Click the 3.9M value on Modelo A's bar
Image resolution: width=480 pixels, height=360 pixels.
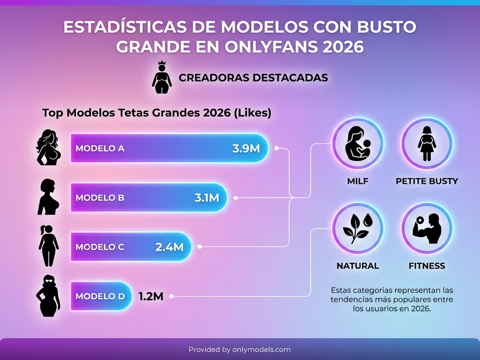click(x=246, y=149)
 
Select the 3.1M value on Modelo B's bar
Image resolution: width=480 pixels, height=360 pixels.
click(x=207, y=198)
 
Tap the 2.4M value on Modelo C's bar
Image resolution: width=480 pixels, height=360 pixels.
click(x=169, y=247)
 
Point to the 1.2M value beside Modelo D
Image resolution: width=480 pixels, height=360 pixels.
click(x=150, y=296)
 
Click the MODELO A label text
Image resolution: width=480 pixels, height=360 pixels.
click(x=100, y=149)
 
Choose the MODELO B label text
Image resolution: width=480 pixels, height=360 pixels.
click(x=100, y=198)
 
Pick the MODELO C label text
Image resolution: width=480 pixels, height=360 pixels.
click(x=100, y=247)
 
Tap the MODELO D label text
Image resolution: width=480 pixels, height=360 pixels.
click(x=100, y=296)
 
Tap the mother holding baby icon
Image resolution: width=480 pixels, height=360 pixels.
click(x=358, y=143)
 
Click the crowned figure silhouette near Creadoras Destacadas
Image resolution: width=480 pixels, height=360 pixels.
click(x=162, y=77)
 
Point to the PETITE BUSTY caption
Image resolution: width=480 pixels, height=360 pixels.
click(x=427, y=181)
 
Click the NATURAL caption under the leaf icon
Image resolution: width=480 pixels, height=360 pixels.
click(x=358, y=266)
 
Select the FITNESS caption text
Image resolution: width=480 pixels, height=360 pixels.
click(x=427, y=266)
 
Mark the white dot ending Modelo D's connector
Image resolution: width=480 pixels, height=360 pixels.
click(x=172, y=296)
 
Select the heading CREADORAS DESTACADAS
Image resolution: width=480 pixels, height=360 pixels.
click(x=253, y=78)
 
